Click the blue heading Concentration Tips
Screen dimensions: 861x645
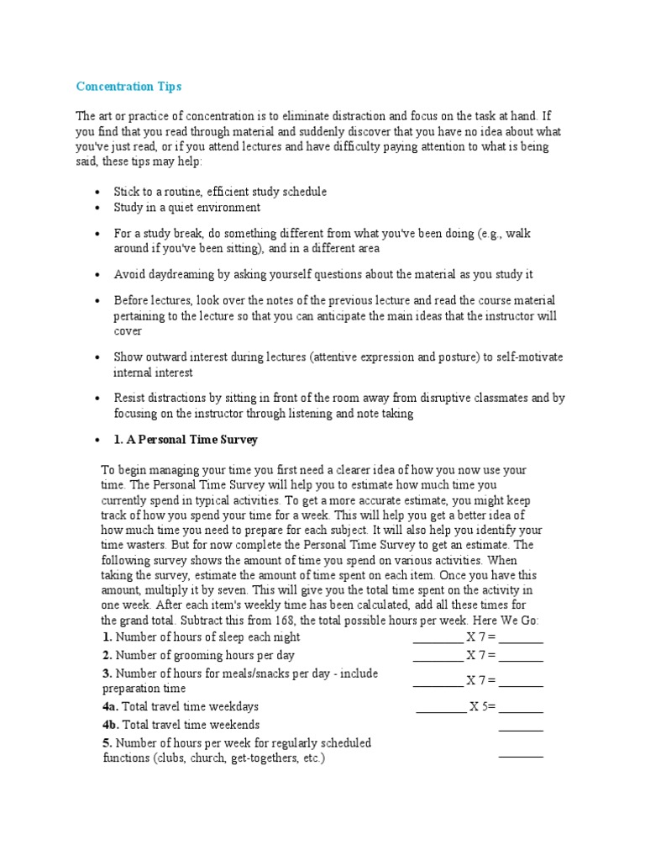point(128,87)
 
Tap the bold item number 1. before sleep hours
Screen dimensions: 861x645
point(107,637)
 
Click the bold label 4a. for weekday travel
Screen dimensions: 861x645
point(110,707)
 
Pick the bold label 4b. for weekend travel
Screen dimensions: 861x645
point(110,725)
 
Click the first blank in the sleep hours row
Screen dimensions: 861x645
point(438,637)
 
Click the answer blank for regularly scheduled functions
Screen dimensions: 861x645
point(521,754)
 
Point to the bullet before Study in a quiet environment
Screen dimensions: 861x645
point(99,208)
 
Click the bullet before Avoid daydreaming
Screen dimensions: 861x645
point(99,275)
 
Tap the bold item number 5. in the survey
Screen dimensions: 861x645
point(107,743)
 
